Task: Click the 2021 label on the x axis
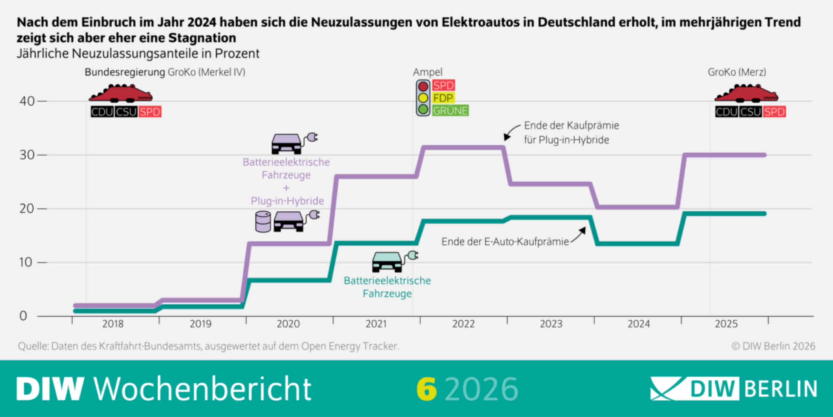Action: (376, 324)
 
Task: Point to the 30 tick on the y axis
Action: (27, 155)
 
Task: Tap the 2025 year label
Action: (726, 324)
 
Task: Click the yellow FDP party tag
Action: (443, 98)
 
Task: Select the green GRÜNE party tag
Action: (450, 111)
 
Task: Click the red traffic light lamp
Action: (423, 86)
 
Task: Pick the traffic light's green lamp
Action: (423, 109)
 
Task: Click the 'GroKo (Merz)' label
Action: (737, 72)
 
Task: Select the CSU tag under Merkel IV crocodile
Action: (126, 112)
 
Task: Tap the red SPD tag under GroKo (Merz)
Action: (774, 112)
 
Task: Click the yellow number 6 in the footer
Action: (426, 389)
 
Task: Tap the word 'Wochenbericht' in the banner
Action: (202, 389)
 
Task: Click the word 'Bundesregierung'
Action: (125, 72)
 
